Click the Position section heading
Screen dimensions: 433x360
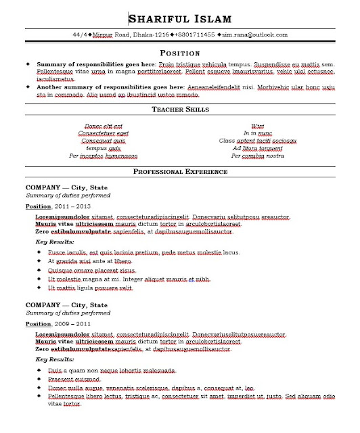pyautogui.click(x=179, y=52)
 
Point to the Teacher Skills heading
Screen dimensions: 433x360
pyautogui.click(x=179, y=109)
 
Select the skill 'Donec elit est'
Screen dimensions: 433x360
pyautogui.click(x=103, y=126)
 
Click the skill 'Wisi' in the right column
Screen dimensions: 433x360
pyautogui.click(x=257, y=126)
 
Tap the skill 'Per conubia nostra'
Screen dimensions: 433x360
pyautogui.click(x=257, y=156)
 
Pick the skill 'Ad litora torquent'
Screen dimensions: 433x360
pyautogui.click(x=257, y=148)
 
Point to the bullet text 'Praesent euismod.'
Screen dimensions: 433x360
pyautogui.click(x=75, y=380)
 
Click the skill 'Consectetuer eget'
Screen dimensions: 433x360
pyautogui.click(x=103, y=133)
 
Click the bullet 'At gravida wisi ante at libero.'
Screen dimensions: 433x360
pyautogui.click(x=90, y=260)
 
